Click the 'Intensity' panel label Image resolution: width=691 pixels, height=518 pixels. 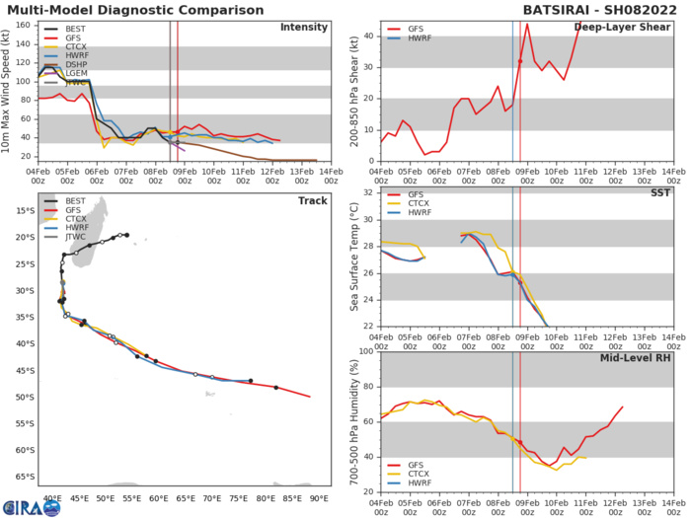click(x=304, y=28)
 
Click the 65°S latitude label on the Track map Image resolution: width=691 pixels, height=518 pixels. click(x=22, y=476)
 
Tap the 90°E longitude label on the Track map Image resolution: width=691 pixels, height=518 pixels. click(x=319, y=499)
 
